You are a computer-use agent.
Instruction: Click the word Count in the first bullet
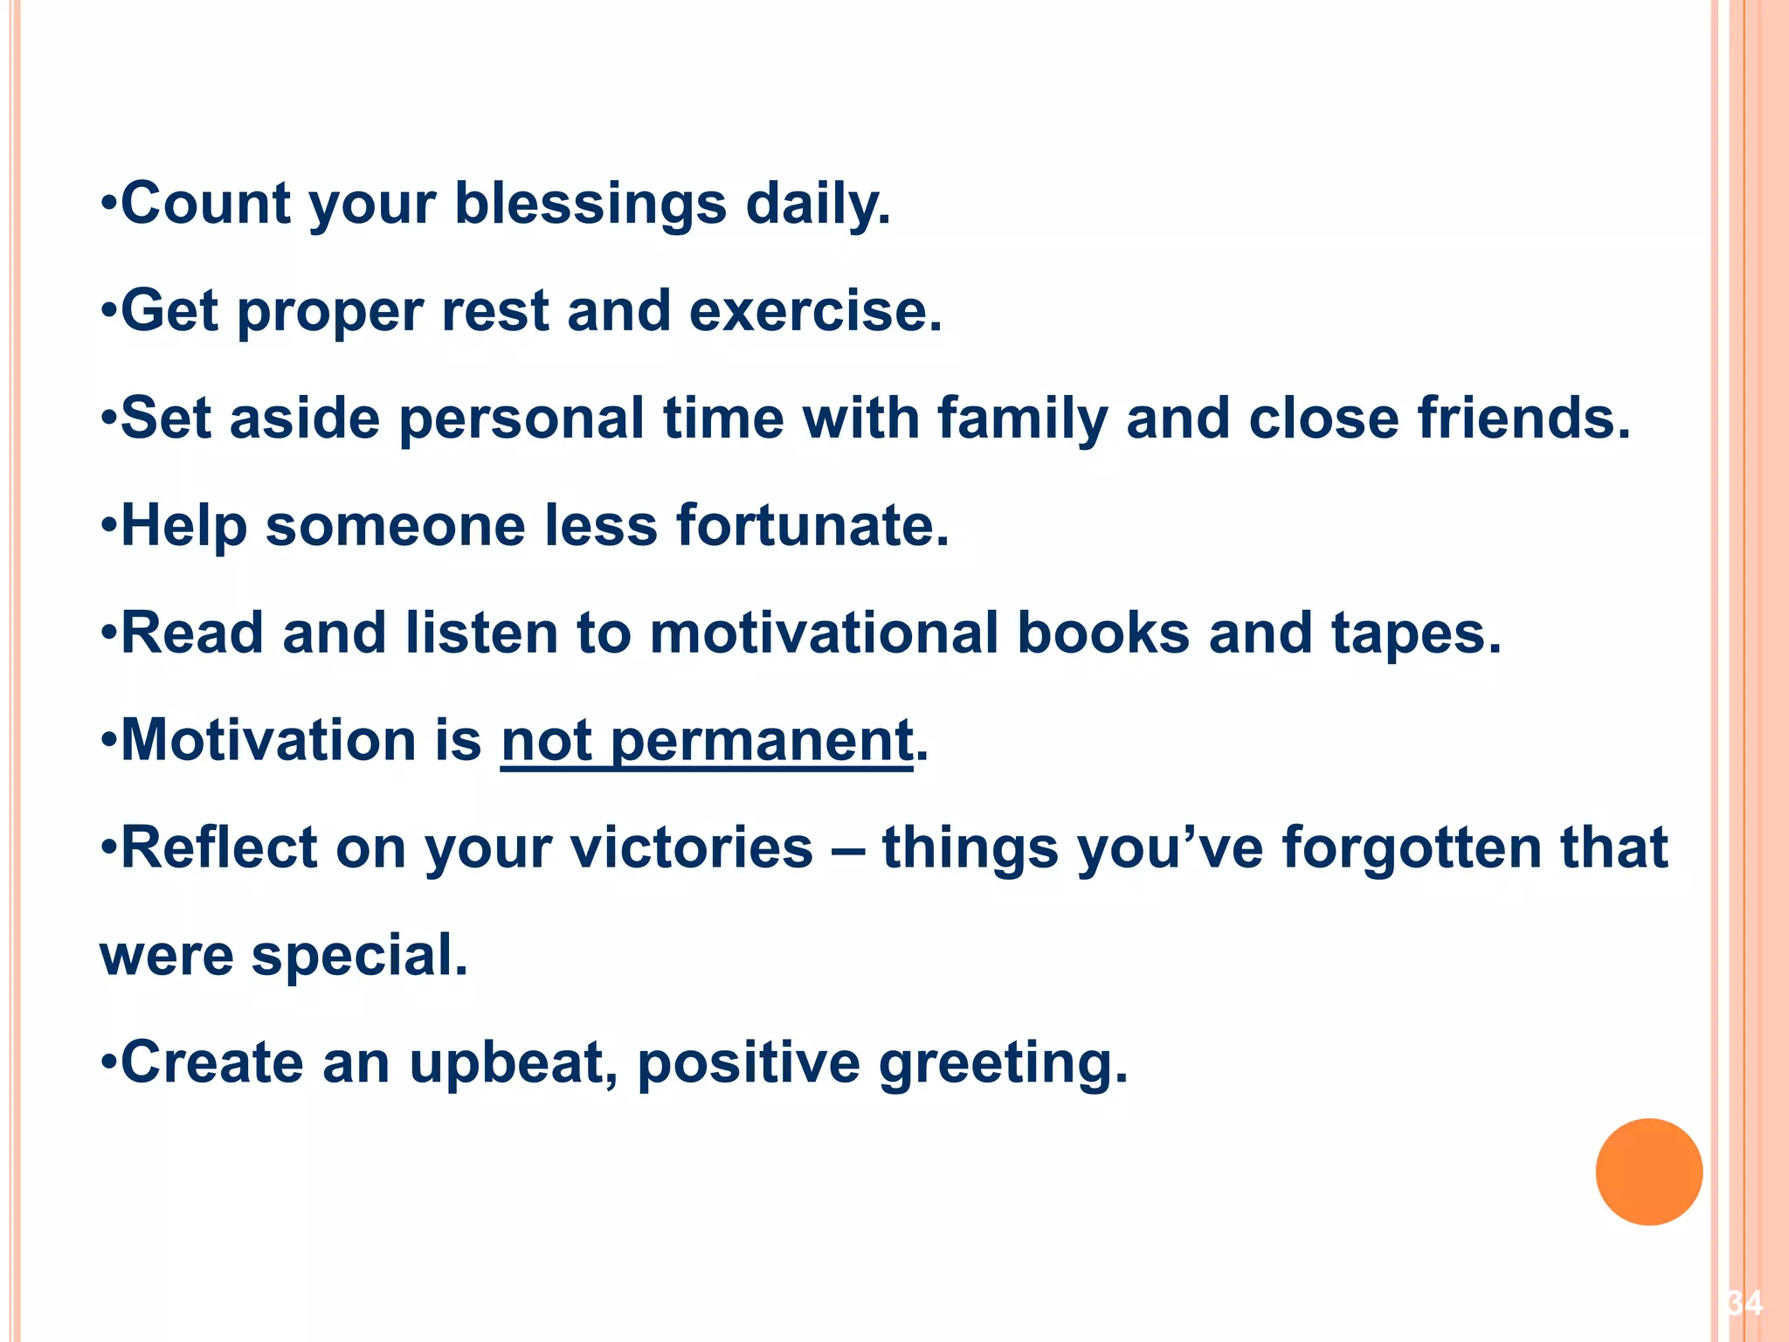(x=205, y=204)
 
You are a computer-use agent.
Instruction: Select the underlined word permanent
(x=762, y=742)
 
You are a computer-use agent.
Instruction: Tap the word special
(x=359, y=956)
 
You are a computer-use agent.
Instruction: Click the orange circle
(x=1648, y=1172)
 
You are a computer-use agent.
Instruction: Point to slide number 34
(x=1744, y=1304)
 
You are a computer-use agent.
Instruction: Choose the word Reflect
(x=218, y=847)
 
